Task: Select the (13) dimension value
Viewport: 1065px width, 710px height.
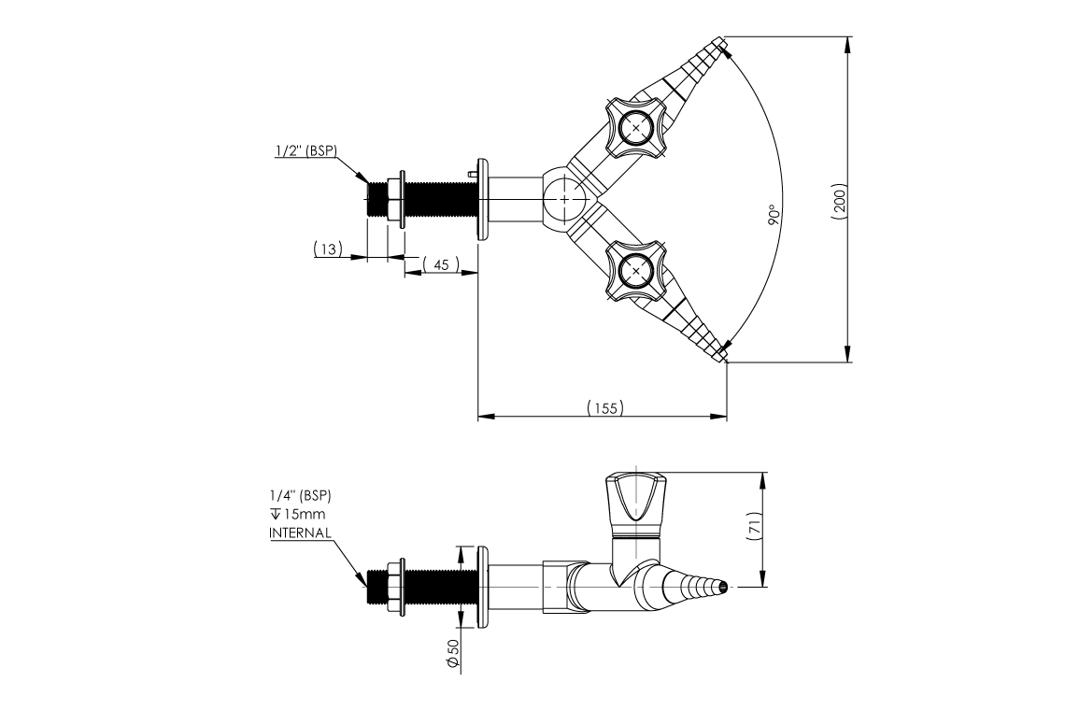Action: (328, 248)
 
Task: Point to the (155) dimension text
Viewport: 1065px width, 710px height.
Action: (604, 408)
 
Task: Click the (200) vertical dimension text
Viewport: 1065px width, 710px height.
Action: (839, 201)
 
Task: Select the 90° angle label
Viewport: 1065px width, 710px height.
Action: (773, 217)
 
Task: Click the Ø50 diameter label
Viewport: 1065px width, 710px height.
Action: (452, 653)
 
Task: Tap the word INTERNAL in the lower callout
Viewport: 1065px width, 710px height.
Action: (300, 532)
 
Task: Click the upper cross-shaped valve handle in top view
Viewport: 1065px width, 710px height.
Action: (636, 127)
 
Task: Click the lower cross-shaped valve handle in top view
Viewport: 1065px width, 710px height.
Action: (636, 271)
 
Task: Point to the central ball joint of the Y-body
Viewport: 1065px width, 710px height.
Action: (566, 198)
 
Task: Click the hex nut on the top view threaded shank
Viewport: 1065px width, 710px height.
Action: (395, 198)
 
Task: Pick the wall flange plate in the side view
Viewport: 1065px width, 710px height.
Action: (481, 587)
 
